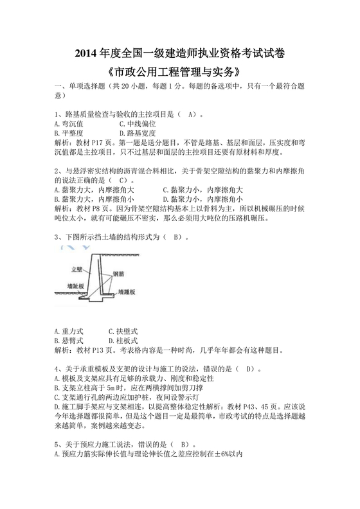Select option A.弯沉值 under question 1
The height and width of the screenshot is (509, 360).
click(x=71, y=123)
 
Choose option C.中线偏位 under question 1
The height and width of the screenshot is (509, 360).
click(x=138, y=123)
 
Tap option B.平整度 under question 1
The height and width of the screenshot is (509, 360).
click(x=71, y=133)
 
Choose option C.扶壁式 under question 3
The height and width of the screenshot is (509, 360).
click(x=123, y=330)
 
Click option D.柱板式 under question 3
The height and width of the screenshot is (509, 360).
click(x=123, y=340)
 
